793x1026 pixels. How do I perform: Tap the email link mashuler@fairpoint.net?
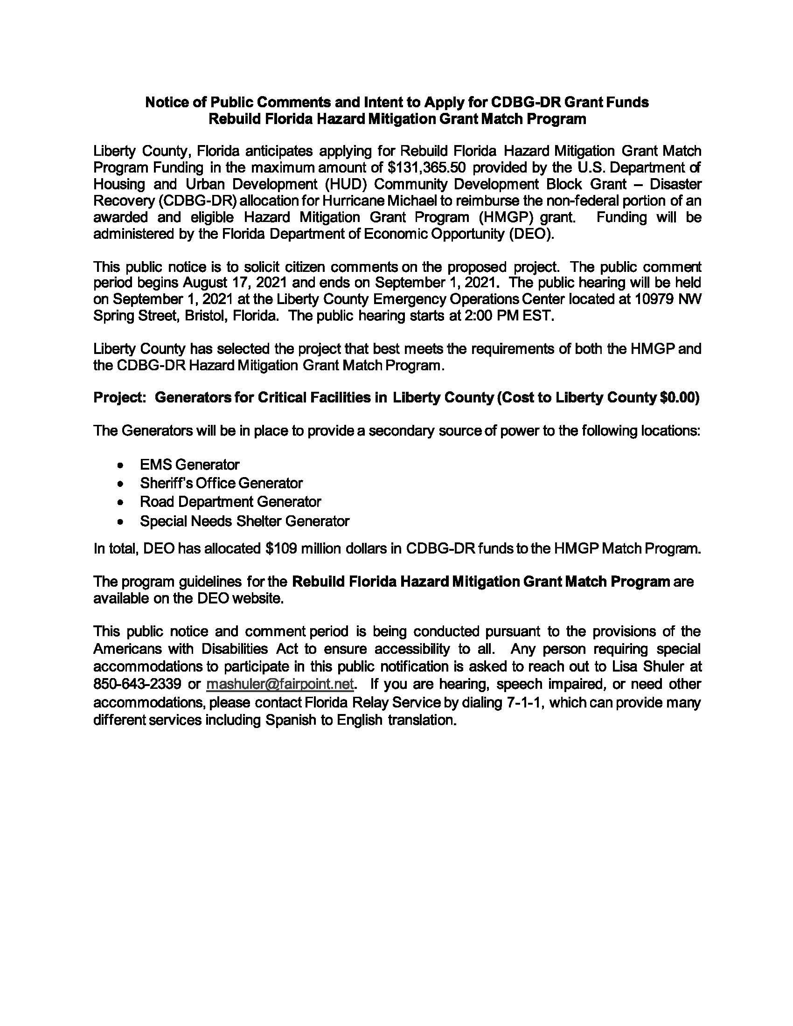tap(279, 684)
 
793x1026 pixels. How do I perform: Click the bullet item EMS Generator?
tap(189, 464)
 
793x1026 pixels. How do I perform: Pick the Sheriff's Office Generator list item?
tap(221, 483)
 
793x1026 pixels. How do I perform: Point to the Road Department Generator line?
tap(230, 502)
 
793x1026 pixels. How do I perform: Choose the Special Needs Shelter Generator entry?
tap(244, 521)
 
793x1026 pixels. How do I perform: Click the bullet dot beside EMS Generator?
tap(121, 465)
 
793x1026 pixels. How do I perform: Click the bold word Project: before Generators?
tap(121, 397)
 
